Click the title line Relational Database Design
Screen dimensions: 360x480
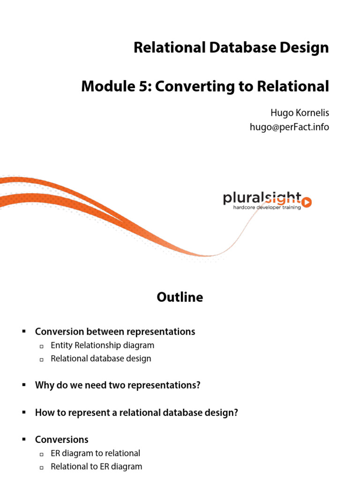click(231, 48)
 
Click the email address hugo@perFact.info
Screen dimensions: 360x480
click(289, 127)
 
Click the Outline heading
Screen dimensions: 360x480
click(180, 297)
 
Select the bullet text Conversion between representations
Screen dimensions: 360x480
click(115, 332)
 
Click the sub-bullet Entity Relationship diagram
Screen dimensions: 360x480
click(102, 345)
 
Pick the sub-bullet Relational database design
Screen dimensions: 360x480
click(101, 359)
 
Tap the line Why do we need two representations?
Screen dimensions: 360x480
click(118, 386)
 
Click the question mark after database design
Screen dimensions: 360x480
click(236, 412)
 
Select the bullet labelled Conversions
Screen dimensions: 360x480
click(61, 440)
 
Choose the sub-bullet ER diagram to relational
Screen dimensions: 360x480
click(95, 453)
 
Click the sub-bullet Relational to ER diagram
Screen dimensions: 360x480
click(96, 467)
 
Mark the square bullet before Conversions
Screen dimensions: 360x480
click(23, 440)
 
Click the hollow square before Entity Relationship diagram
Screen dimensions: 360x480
click(41, 346)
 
